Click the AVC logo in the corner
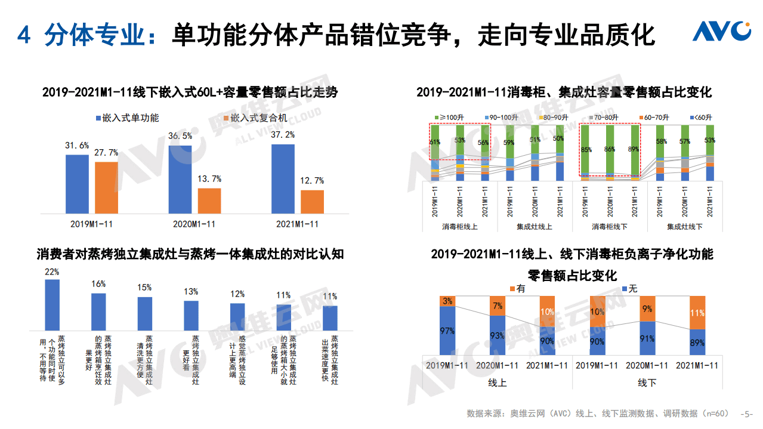point(721,31)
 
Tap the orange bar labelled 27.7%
point(106,187)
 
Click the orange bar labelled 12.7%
point(312,202)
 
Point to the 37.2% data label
point(283,135)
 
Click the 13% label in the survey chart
point(191,292)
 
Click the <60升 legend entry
point(702,118)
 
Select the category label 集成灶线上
point(535,227)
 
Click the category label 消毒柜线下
point(610,227)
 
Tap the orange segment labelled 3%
point(447,301)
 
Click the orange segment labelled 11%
point(697,312)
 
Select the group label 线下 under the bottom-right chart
point(647,382)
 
